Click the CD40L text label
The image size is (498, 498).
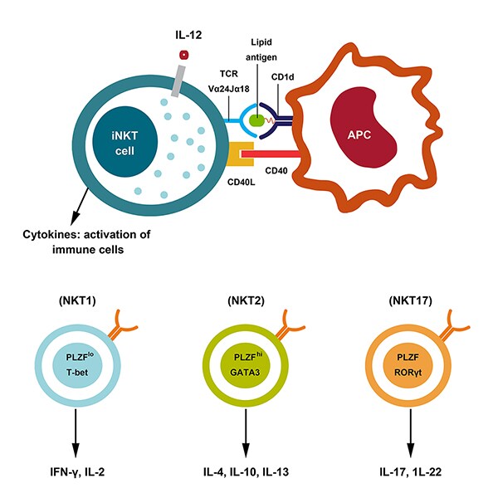242,181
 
